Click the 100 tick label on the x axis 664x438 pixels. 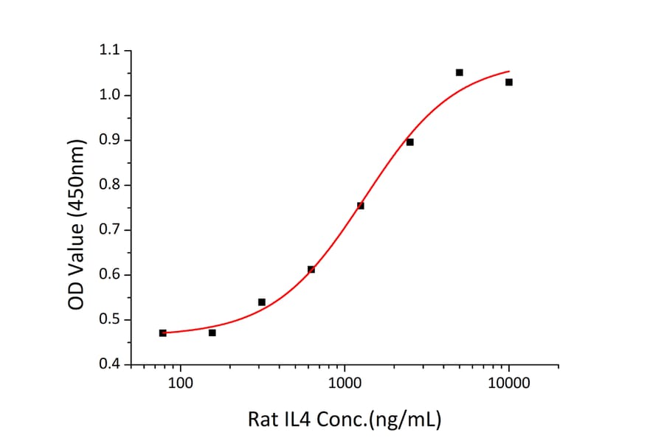(180, 383)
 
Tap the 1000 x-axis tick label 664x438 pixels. (345, 383)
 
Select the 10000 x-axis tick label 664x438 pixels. (508, 383)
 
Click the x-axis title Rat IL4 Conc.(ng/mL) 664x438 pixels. (344, 420)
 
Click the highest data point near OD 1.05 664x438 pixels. (459, 72)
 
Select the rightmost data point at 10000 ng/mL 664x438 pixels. (508, 82)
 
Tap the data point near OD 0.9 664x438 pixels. (409, 142)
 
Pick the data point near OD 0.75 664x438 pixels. (360, 206)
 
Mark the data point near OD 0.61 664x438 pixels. (311, 269)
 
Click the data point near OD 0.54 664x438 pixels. (261, 302)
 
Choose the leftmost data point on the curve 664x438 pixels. (162, 333)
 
